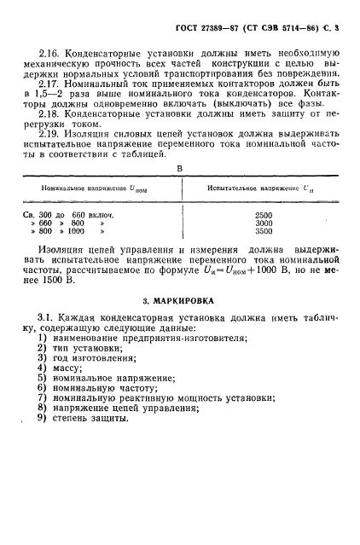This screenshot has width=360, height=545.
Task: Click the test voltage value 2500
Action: [264, 216]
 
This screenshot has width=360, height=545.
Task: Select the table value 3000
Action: [264, 223]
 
